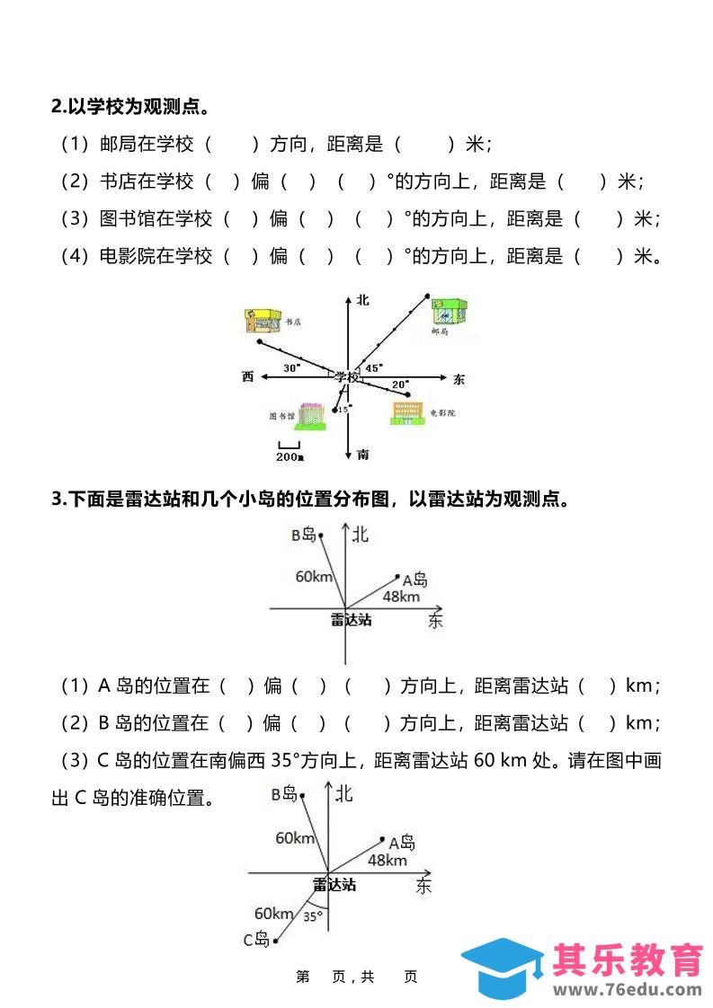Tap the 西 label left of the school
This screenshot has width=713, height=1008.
point(248,376)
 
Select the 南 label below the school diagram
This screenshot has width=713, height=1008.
point(362,455)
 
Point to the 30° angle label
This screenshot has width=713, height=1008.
point(292,367)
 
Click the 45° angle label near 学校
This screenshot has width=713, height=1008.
point(373,367)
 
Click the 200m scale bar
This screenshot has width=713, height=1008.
point(289,452)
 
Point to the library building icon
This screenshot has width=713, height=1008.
point(311,414)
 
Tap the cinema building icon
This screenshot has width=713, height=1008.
point(406,412)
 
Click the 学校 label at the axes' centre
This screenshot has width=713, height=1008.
point(346,376)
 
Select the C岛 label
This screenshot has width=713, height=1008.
point(256,940)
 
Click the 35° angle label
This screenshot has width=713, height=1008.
point(312,916)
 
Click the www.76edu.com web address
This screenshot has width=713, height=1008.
point(627,991)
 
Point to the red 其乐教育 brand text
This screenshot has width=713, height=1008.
point(628,959)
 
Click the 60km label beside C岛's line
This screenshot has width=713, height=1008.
point(274,913)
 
